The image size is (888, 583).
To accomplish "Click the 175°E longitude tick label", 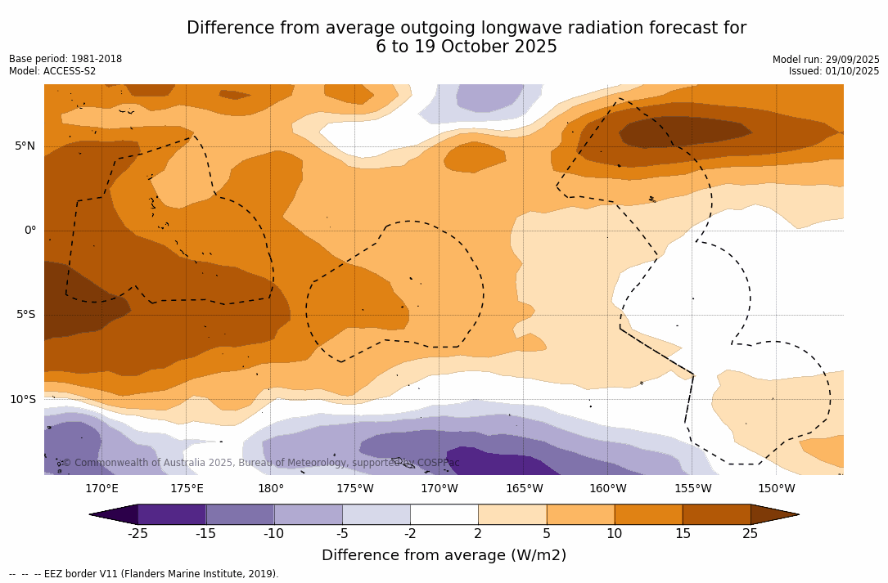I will point(187,489).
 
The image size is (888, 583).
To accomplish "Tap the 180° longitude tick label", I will point(271,489).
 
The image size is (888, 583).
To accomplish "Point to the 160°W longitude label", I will point(608,489).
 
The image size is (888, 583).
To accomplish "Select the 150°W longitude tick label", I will point(777,489).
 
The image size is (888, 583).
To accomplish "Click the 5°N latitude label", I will point(25,146).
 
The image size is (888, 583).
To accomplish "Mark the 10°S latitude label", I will point(22,400).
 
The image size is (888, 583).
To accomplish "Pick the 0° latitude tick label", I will point(29,231).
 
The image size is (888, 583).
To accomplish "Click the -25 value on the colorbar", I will point(137,534).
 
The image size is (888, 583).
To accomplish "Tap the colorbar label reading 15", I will point(682,534).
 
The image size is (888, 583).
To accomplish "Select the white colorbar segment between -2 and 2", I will point(444,514).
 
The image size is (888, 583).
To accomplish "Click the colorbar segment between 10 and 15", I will point(648,514).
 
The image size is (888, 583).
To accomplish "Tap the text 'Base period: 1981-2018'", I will point(65,59).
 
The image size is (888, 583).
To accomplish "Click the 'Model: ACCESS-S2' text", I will point(52,71).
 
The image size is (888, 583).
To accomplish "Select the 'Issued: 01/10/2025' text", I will point(834,71).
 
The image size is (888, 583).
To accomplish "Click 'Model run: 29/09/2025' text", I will point(826,60).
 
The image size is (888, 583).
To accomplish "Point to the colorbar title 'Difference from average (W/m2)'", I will point(444,555).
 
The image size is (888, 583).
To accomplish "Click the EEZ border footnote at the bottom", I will point(143,574).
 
